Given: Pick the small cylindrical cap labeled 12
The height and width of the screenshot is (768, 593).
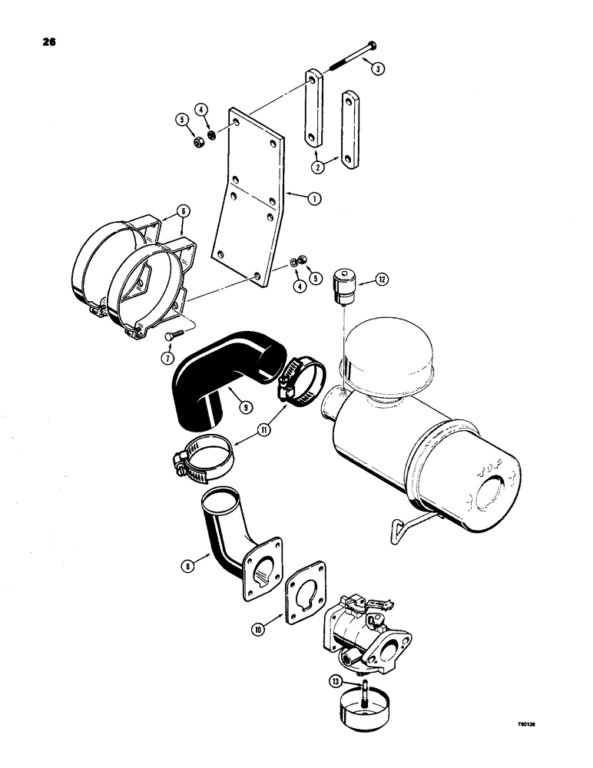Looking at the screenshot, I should click(x=343, y=287).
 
